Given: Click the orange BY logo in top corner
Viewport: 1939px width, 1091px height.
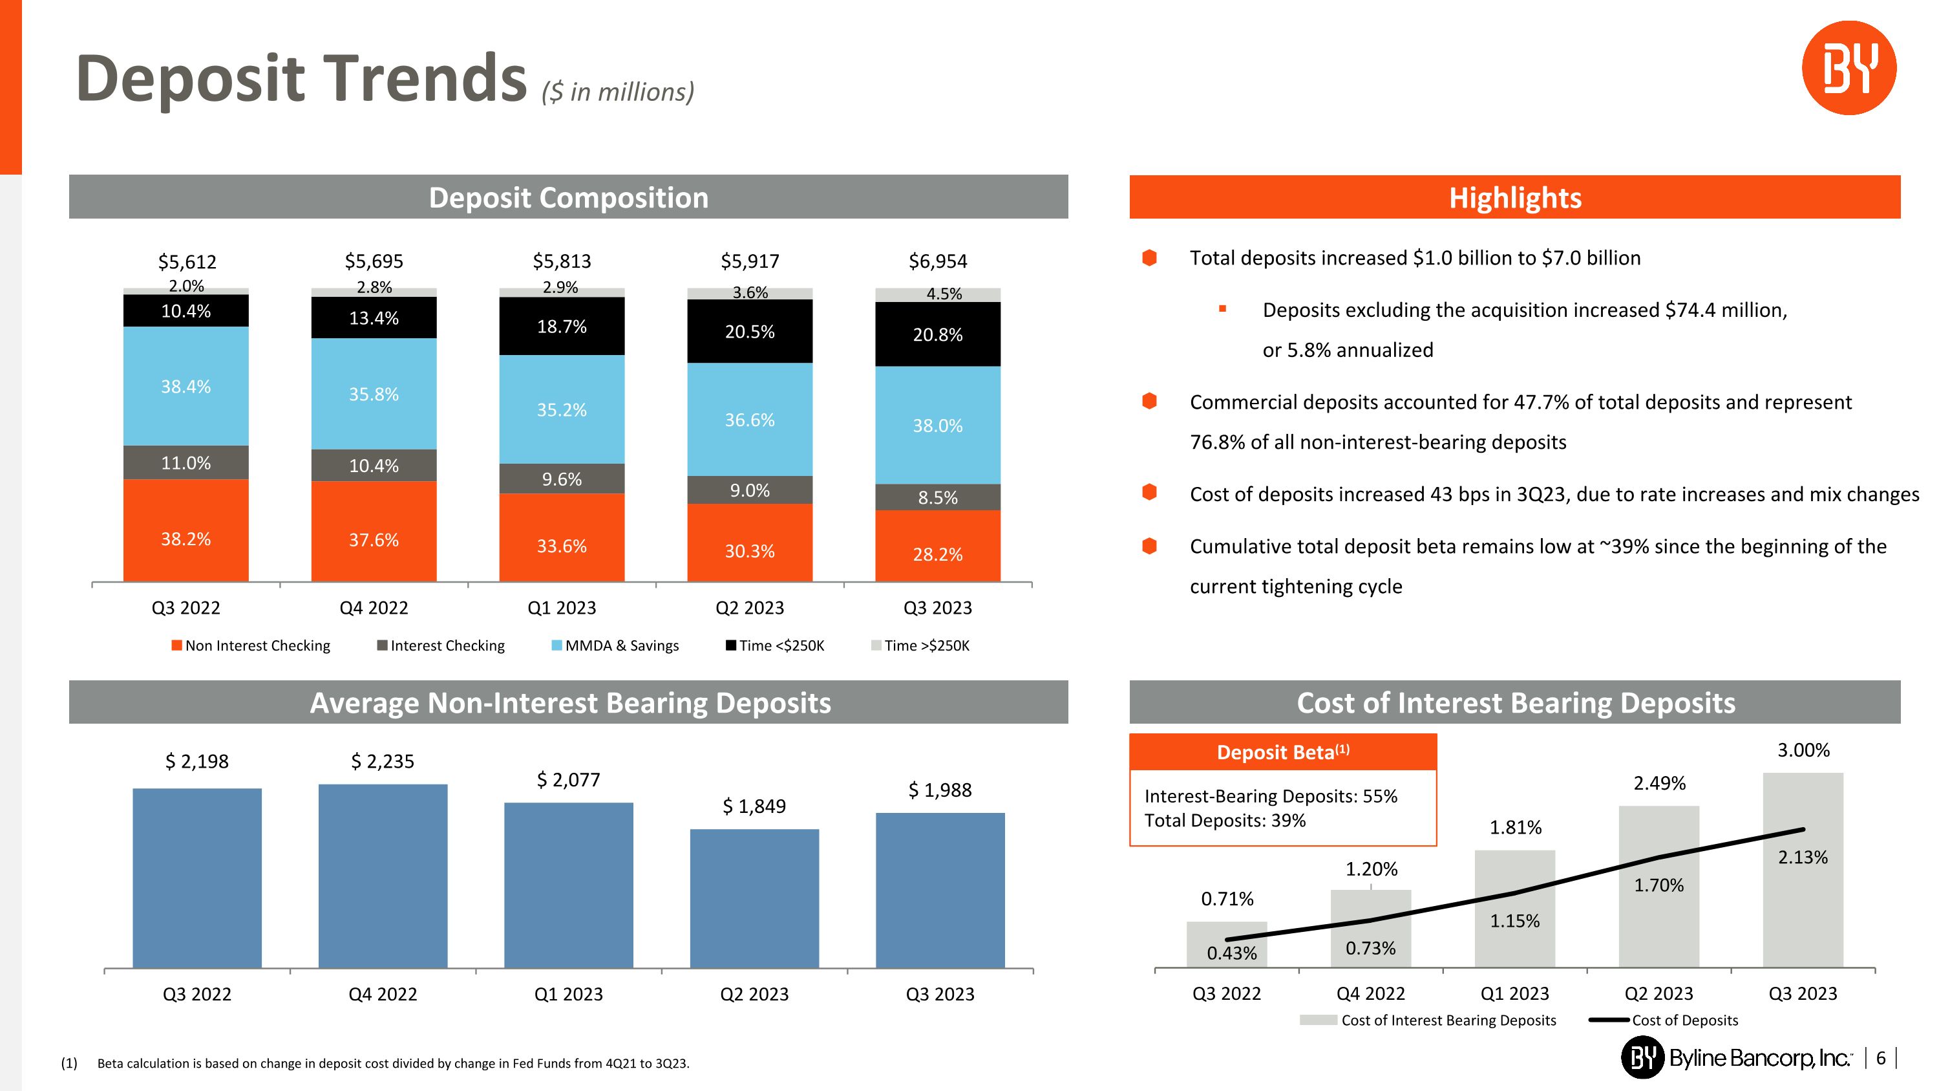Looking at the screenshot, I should coord(1848,68).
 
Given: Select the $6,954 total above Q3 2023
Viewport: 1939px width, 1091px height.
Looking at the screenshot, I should coord(938,261).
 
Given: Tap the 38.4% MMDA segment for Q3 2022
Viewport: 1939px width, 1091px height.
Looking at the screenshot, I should coord(186,386).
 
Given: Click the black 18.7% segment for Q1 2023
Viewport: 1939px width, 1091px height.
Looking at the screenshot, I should coord(562,326).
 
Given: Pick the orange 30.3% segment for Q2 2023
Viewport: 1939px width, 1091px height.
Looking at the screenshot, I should coord(750,550).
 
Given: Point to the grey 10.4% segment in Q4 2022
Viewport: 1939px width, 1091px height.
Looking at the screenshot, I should coord(374,466).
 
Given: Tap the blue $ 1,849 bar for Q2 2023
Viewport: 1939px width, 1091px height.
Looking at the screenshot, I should coord(754,898).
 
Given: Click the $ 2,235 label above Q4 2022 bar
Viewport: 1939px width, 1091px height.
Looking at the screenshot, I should coord(383,761).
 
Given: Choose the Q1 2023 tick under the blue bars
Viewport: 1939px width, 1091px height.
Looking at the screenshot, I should coord(568,994).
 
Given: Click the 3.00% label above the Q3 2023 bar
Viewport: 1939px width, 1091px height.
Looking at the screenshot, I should coord(1803,750).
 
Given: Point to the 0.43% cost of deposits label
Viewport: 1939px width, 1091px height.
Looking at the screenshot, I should coord(1231,953).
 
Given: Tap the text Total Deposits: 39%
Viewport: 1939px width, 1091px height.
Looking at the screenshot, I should coord(1225,821).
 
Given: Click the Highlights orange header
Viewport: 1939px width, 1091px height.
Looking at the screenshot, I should coord(1514,197).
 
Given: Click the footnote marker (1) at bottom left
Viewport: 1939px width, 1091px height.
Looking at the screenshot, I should coord(69,1063).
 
